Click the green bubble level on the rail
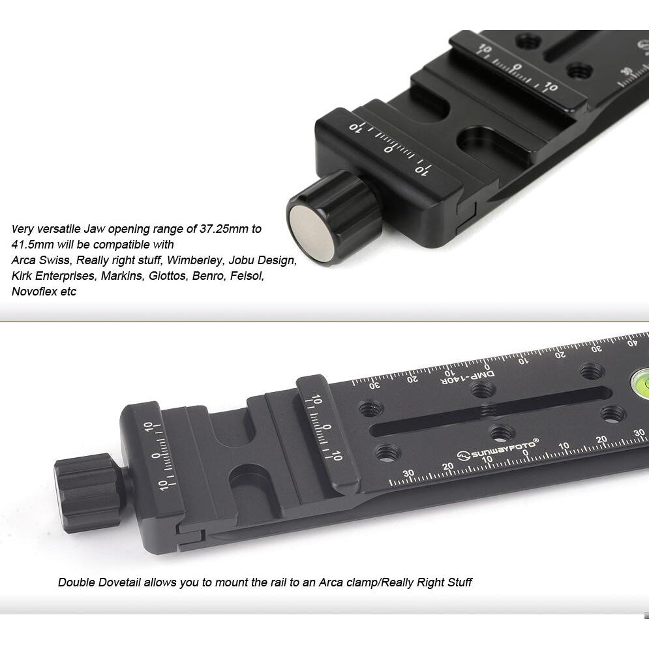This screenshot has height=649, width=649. point(641,381)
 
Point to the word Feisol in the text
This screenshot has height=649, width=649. point(247,276)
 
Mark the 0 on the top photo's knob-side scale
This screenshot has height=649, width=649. point(388,149)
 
